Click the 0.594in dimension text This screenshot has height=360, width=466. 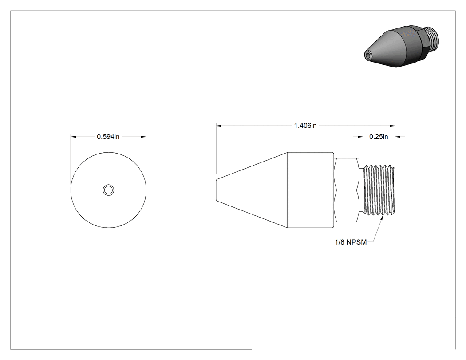pos(108,137)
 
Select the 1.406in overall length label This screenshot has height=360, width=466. pos(305,126)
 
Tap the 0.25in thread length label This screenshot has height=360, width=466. pos(379,137)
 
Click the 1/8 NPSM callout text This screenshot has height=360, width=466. pos(351,242)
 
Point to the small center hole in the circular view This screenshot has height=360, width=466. pos(108,190)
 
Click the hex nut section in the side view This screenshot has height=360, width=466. pos(347,190)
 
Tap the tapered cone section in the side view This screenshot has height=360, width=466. pos(252,190)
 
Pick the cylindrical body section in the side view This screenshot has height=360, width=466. pos(311,190)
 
